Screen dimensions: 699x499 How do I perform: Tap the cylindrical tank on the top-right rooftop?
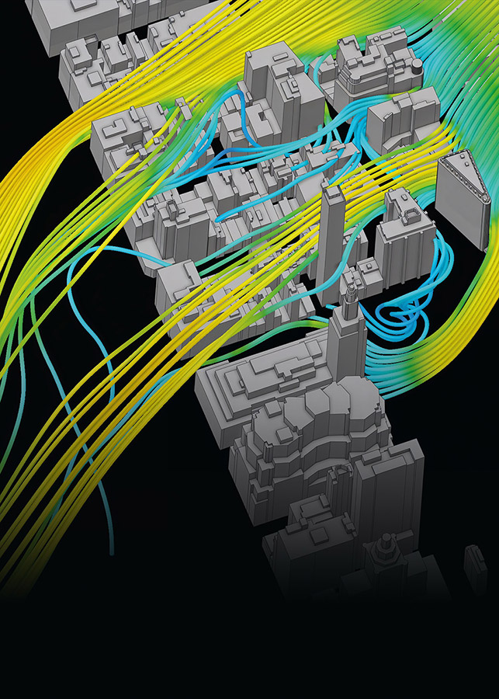[x=417, y=68]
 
